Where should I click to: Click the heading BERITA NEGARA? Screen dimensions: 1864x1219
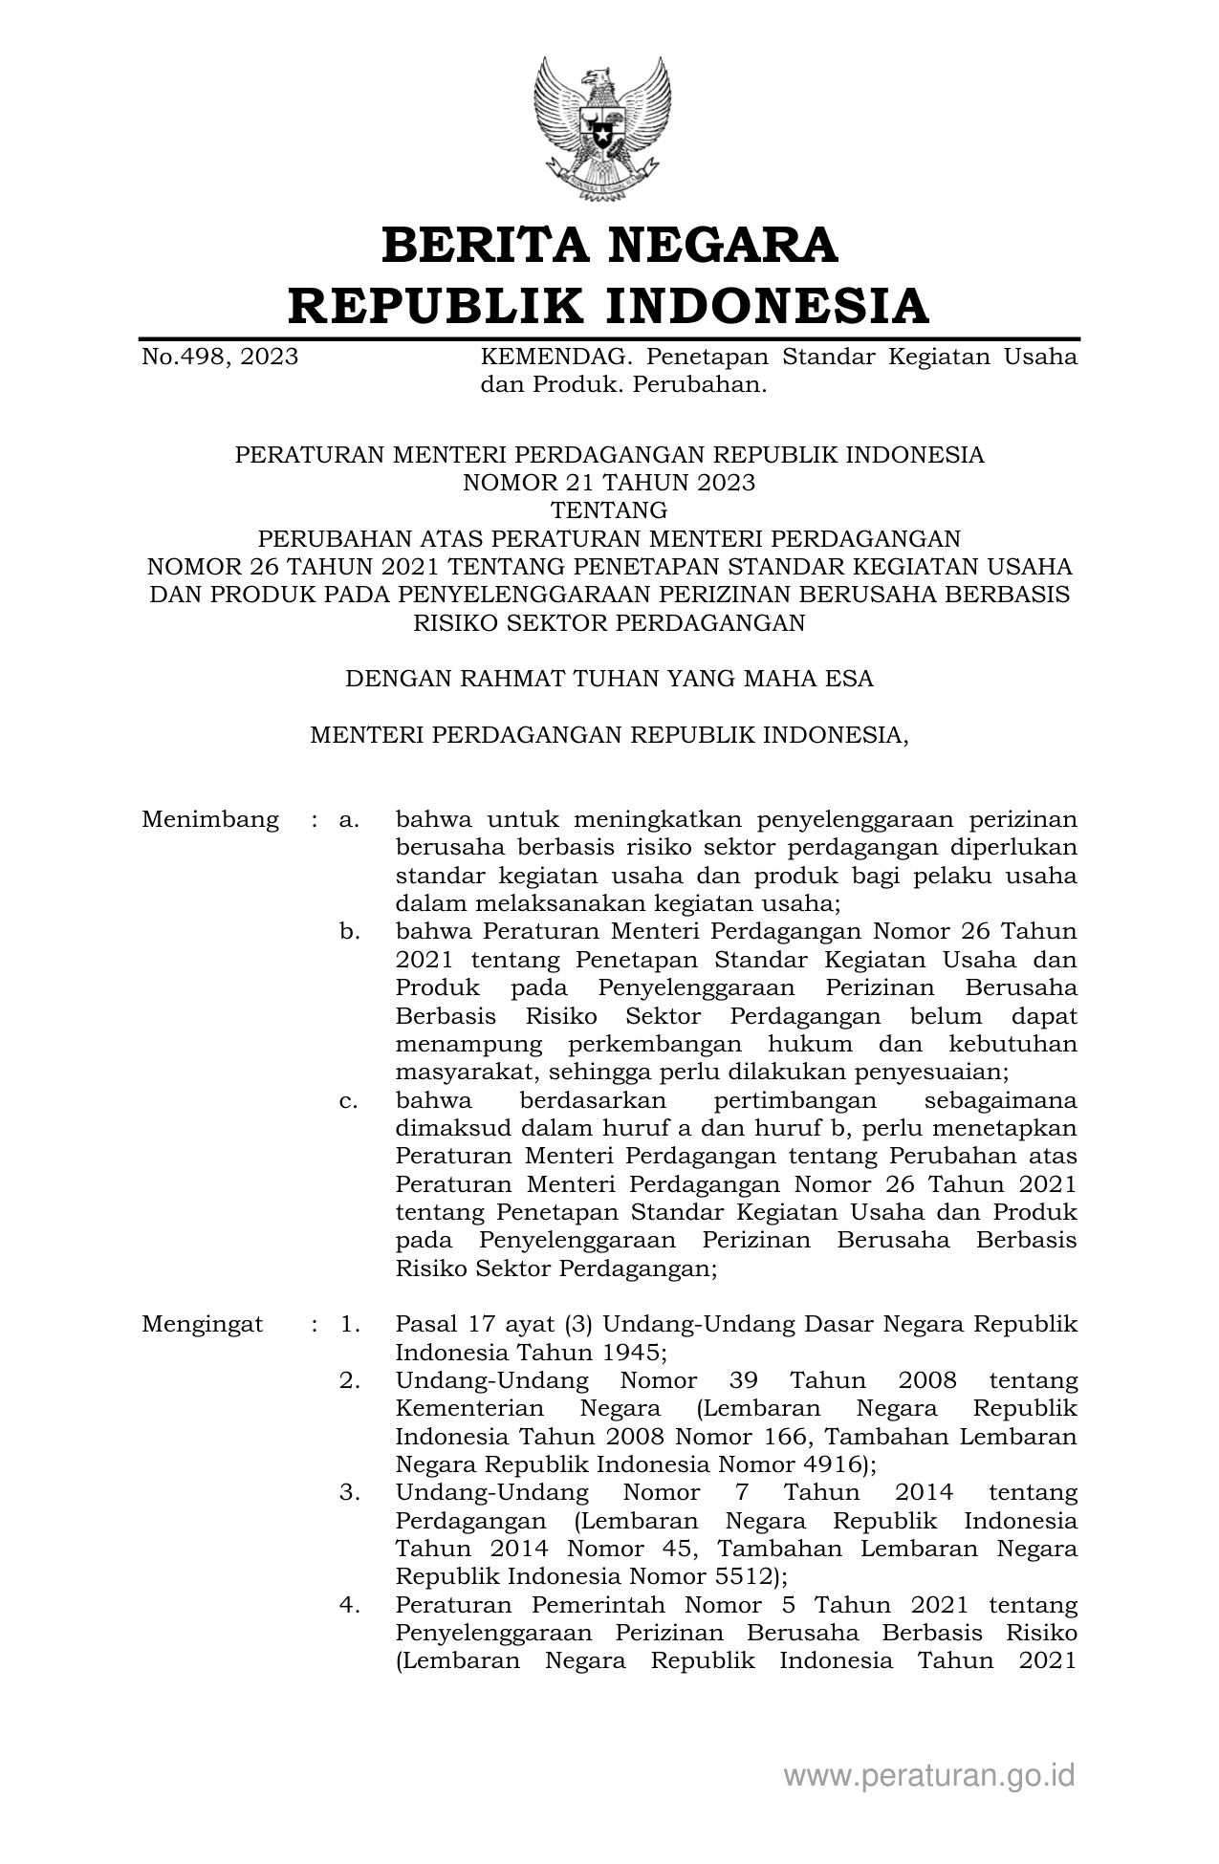tap(609, 245)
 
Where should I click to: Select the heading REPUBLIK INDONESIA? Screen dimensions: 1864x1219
tap(609, 306)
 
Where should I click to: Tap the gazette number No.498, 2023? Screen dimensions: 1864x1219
tap(220, 358)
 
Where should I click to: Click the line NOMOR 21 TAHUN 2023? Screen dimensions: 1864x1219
tap(609, 483)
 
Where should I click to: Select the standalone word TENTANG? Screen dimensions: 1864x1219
tap(609, 510)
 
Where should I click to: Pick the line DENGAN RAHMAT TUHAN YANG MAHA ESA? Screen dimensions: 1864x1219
tap(609, 679)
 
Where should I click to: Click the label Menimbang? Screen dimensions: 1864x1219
tap(210, 820)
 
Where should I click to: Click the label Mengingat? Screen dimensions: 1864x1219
tap(203, 1325)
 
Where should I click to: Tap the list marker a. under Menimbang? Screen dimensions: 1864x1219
tap(349, 820)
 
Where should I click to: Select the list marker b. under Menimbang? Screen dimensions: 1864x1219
tap(349, 932)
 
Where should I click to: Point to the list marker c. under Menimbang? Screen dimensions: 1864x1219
tap(349, 1100)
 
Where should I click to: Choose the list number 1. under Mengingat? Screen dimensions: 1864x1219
tap(349, 1325)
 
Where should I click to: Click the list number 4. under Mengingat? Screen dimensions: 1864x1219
tap(349, 1605)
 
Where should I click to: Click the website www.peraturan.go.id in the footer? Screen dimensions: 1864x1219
tap(929, 1776)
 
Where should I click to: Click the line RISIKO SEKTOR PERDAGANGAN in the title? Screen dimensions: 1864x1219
tap(609, 623)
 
